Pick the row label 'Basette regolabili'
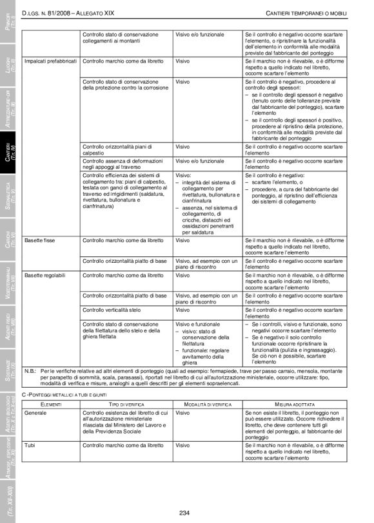(46, 275)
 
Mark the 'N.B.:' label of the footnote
(30, 372)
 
